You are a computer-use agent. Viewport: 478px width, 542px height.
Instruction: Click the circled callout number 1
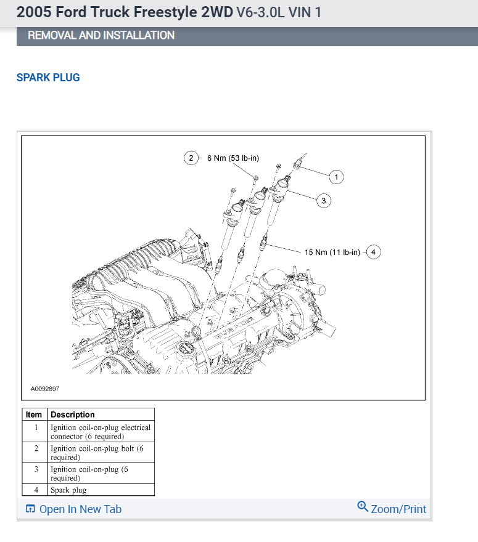pos(336,177)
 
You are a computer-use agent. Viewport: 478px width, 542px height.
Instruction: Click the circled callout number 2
pos(191,158)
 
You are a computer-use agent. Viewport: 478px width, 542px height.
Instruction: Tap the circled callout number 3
pos(324,200)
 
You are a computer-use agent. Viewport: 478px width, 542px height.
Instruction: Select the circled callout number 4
pos(373,252)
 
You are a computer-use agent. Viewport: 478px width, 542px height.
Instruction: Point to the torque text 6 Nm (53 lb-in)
pos(233,158)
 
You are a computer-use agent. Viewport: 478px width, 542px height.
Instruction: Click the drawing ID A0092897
pos(45,389)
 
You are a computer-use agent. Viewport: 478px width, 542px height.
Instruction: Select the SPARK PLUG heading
pos(48,78)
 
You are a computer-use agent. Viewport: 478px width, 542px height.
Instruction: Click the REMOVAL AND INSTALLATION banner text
pos(101,36)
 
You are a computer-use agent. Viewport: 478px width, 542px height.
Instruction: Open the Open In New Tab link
pos(80,509)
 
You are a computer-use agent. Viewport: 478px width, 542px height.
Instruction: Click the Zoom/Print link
pos(398,509)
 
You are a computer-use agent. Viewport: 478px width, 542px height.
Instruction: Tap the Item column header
pos(34,415)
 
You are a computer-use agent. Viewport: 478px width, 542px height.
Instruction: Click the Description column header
pos(73,415)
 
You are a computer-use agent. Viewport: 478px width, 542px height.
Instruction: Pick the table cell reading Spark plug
pos(68,490)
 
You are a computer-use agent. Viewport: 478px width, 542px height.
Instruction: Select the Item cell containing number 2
pos(36,448)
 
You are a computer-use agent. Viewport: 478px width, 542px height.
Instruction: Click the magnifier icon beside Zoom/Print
pos(363,507)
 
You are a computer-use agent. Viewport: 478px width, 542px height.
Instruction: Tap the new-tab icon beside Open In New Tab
pos(30,509)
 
